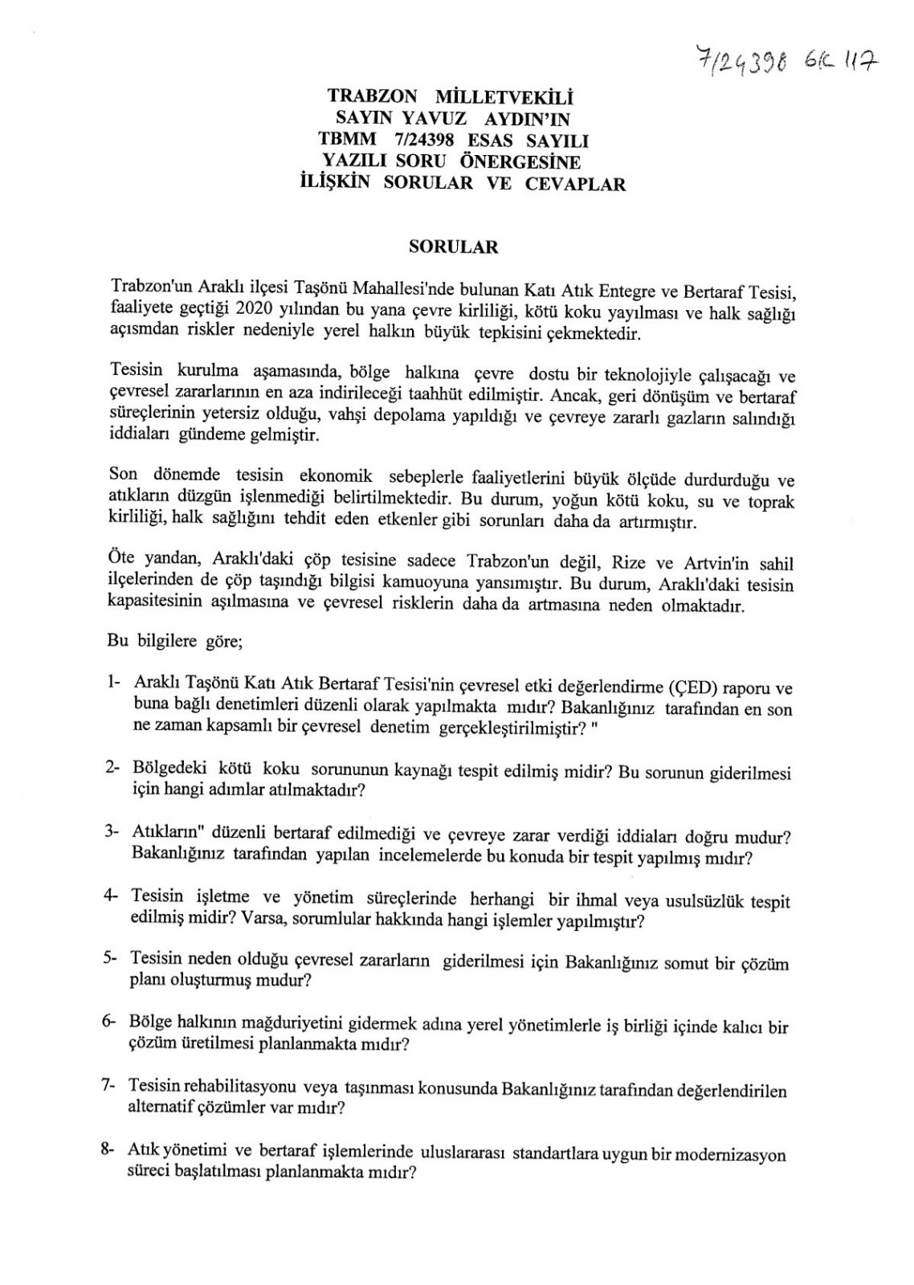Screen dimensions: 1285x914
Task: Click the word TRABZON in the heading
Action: (373, 96)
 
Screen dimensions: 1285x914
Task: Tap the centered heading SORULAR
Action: (453, 247)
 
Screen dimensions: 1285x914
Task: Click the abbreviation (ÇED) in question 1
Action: (690, 687)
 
